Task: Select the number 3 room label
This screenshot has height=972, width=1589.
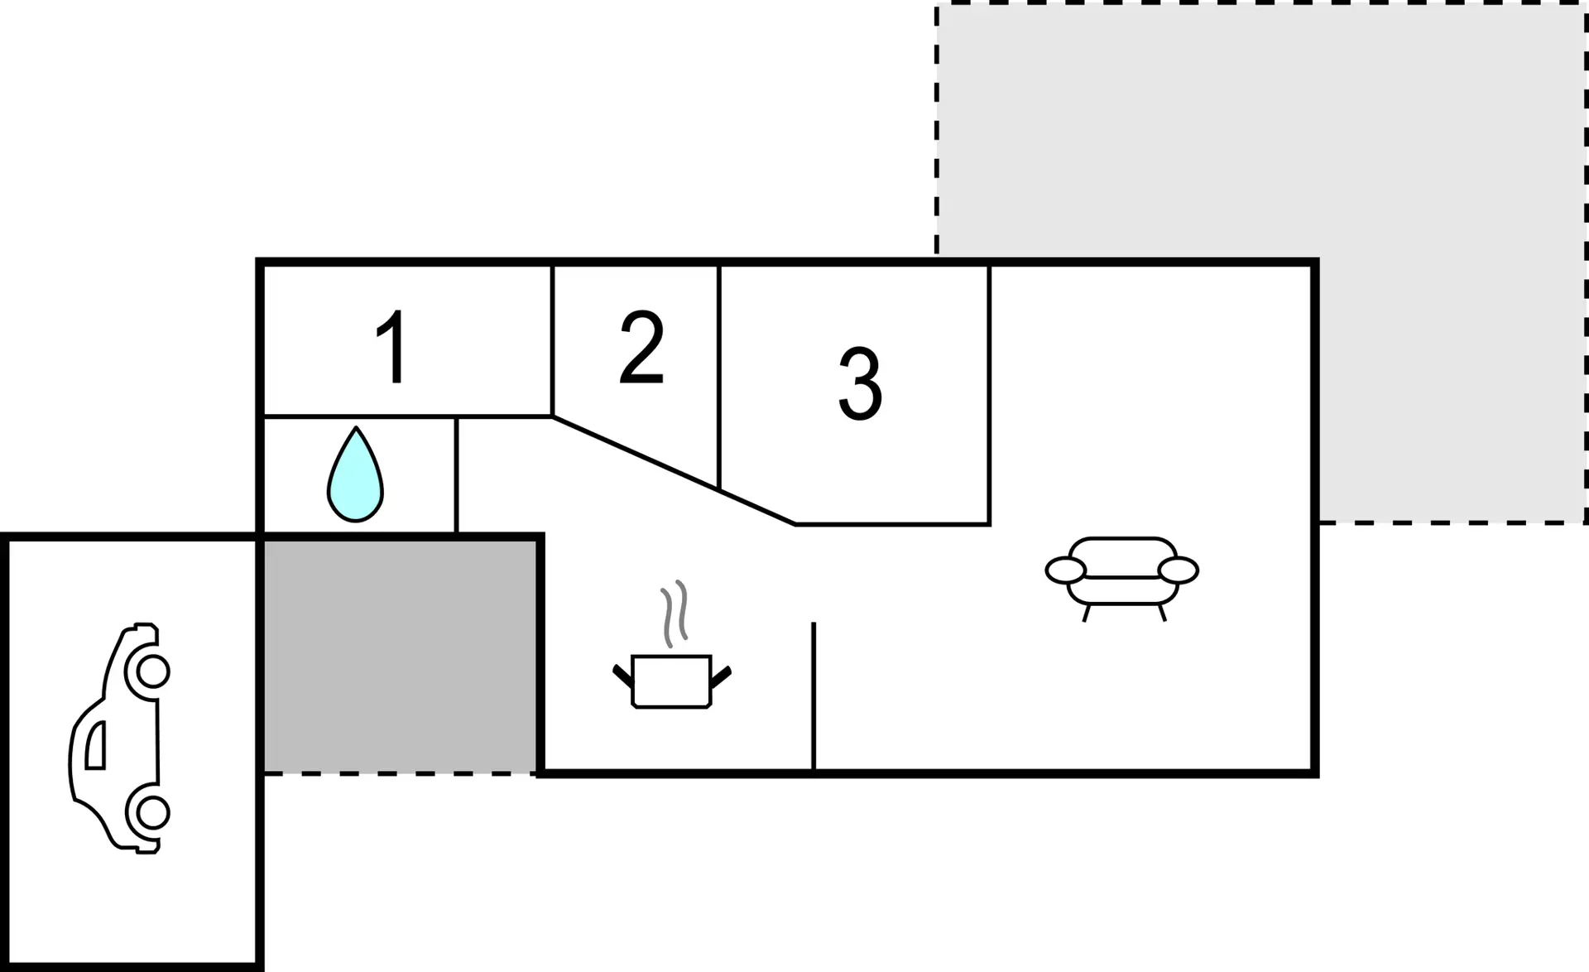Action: click(x=860, y=383)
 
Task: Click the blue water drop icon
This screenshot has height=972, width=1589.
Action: click(x=355, y=474)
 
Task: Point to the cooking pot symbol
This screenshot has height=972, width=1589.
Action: click(x=671, y=681)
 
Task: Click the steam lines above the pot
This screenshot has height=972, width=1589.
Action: click(x=675, y=614)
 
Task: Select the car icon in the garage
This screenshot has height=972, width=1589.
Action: click(x=119, y=738)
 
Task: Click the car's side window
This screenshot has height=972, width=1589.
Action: click(x=96, y=745)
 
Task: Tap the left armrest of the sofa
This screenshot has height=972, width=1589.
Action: click(x=1065, y=570)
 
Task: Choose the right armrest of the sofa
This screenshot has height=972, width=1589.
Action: click(x=1178, y=570)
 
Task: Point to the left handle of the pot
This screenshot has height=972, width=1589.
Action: click(x=622, y=675)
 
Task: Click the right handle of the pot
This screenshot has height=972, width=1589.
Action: click(x=721, y=676)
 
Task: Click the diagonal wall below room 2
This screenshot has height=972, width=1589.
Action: click(x=674, y=470)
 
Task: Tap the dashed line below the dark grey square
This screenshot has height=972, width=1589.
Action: click(x=400, y=774)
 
